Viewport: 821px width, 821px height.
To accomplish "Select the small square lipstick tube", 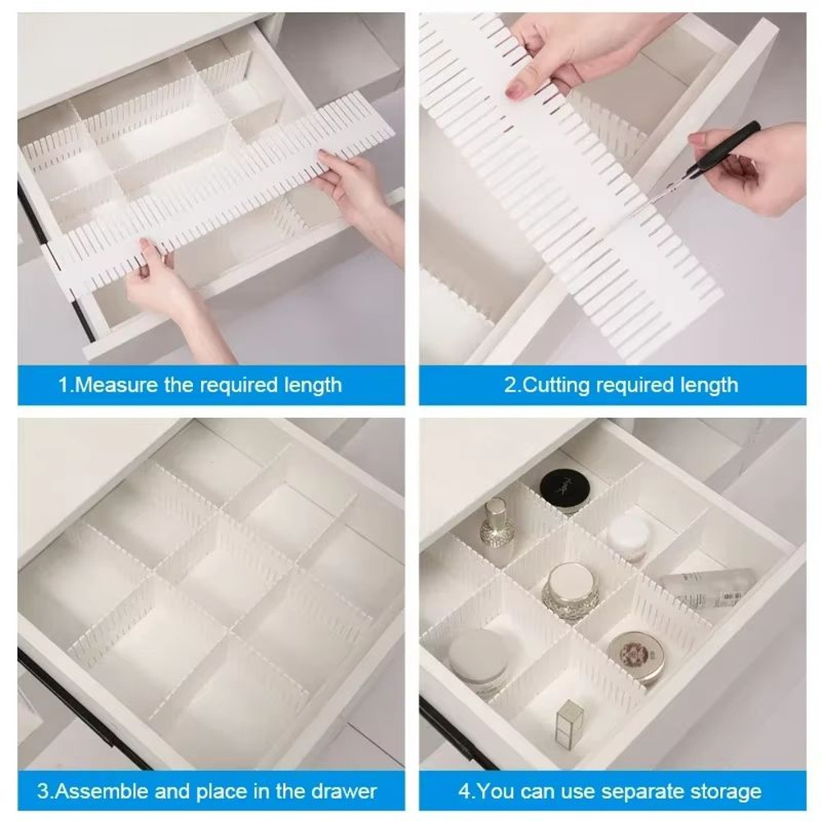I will pos(568,723).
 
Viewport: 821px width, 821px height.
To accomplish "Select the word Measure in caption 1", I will pos(117,384).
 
